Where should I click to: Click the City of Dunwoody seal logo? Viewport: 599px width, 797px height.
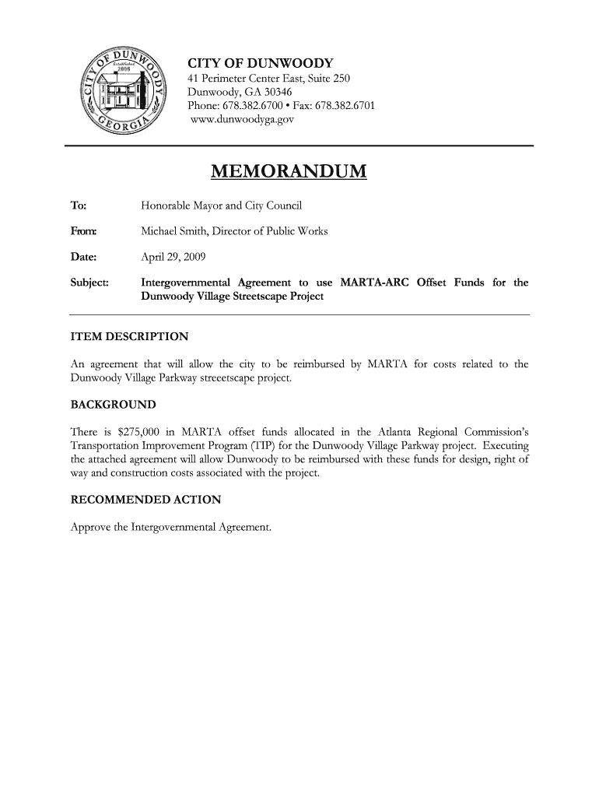[124, 91]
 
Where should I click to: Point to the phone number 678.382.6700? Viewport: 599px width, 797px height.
[257, 105]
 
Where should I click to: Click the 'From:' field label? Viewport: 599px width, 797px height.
[83, 231]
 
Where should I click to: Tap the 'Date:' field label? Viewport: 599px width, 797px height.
[83, 256]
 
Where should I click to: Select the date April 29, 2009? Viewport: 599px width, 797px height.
[173, 256]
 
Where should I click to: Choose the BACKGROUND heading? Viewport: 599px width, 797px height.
[113, 405]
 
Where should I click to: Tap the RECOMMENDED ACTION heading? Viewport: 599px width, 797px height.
[145, 500]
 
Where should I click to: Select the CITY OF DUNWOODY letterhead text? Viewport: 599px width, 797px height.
[261, 62]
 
